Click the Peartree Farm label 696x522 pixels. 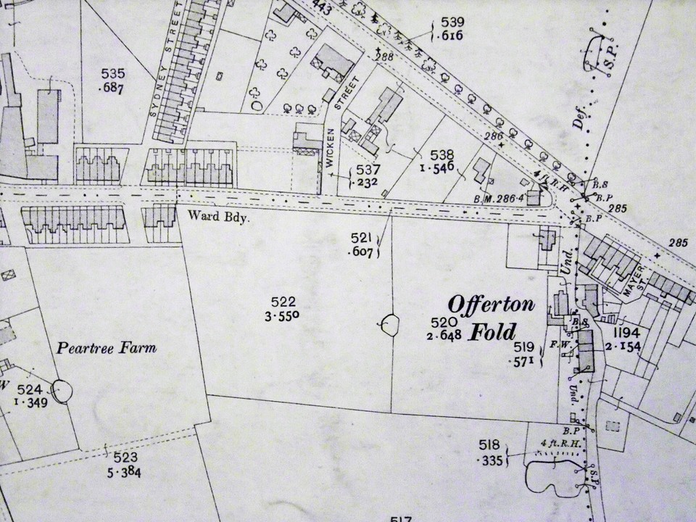tap(107, 348)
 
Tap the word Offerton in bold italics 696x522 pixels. tap(491, 304)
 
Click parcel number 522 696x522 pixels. tap(283, 302)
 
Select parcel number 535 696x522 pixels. tap(114, 73)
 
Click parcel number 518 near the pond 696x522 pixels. tap(491, 444)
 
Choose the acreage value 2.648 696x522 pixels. tap(445, 335)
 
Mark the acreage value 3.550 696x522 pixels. tap(284, 315)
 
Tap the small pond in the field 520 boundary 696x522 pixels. tap(390, 324)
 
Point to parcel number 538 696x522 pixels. tap(442, 154)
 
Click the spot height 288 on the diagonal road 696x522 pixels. tap(385, 57)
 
